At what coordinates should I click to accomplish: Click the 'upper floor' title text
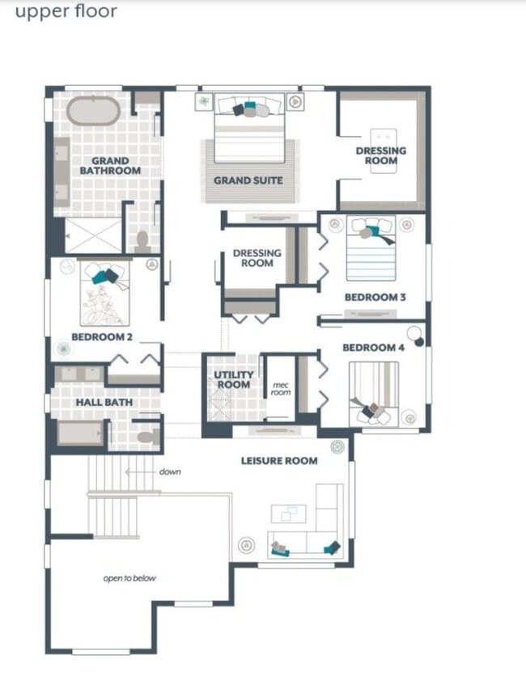click(x=66, y=12)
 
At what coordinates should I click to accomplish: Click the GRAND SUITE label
click(x=248, y=180)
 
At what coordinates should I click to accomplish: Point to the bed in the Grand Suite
click(x=249, y=133)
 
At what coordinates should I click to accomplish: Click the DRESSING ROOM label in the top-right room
click(x=381, y=155)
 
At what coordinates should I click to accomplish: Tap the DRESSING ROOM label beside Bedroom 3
click(x=257, y=258)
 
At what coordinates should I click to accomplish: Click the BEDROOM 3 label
click(x=375, y=298)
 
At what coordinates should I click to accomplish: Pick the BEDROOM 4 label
click(x=373, y=348)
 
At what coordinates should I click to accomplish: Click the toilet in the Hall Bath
click(x=146, y=437)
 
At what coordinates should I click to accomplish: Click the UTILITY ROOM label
click(x=233, y=379)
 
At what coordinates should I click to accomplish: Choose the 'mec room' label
click(x=280, y=389)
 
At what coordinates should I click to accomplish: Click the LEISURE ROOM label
click(x=279, y=461)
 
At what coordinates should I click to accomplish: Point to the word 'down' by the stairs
click(x=169, y=471)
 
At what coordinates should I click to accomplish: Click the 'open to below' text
click(x=129, y=578)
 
